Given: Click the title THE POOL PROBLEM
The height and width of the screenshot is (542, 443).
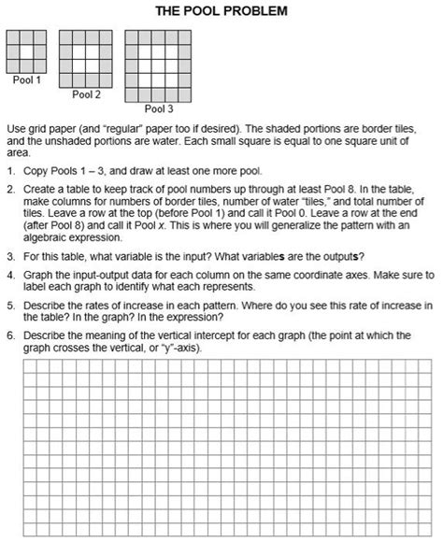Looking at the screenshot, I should coord(221,11).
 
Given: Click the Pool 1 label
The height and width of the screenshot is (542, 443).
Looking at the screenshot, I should coord(27,80).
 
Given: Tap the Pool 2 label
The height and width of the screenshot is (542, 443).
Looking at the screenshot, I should coord(86,94).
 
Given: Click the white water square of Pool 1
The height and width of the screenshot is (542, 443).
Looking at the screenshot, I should coord(27,50).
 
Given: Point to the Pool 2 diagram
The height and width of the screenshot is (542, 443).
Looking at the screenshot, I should coord(86,58).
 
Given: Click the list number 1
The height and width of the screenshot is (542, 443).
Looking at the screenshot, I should coord(9,172).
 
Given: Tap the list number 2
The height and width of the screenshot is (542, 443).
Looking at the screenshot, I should coord(9,188).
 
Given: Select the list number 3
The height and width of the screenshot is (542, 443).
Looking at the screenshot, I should coord(9,256).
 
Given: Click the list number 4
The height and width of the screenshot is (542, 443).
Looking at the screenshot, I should coord(9,276).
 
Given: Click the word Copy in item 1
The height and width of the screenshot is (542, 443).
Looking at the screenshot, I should coord(36,172).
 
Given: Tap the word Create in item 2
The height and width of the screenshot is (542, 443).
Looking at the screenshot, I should coord(39,188).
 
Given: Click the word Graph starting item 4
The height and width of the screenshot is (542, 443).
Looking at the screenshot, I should coord(38,276).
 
